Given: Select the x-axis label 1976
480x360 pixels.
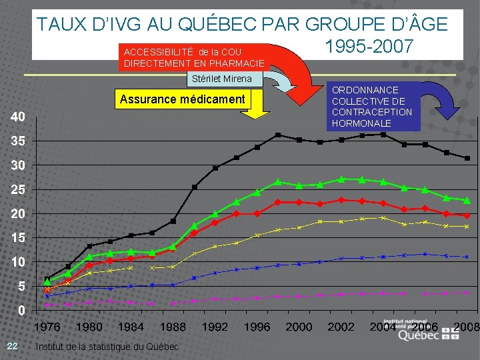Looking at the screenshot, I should [x=47, y=327].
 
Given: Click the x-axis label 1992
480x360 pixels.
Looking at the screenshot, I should [x=215, y=327].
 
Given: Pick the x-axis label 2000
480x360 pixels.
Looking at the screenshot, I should [x=299, y=327].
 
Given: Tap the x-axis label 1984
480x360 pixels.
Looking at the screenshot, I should [x=131, y=327].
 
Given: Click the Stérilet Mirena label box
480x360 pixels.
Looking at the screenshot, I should [x=221, y=79].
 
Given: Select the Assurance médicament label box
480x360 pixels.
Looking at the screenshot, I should [x=182, y=100].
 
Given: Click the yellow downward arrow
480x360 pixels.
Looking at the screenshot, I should [x=254, y=112].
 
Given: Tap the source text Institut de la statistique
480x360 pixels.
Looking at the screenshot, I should [x=107, y=347].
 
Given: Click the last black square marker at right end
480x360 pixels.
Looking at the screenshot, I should [x=467, y=158].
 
